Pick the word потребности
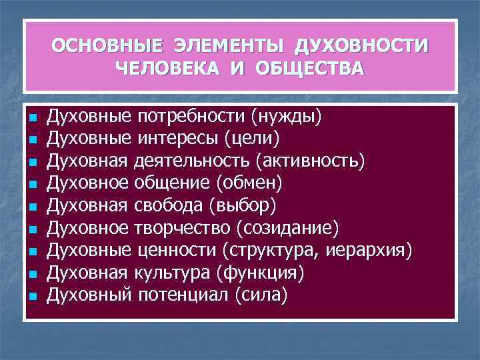[x=191, y=118]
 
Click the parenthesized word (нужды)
[x=287, y=118]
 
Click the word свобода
[x=169, y=204]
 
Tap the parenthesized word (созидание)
[x=287, y=228]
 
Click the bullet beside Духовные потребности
[x=32, y=119]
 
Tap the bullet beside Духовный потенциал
[x=32, y=294]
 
